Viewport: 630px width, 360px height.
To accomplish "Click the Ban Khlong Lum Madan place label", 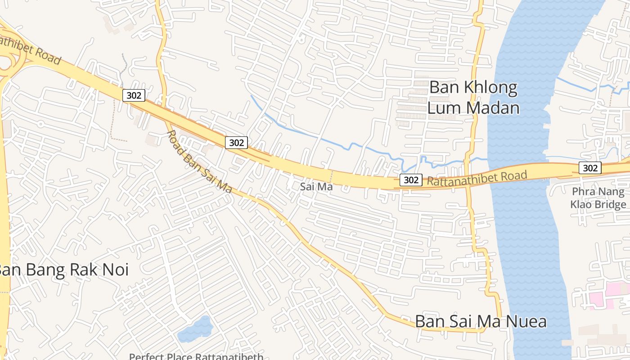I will click(x=473, y=98).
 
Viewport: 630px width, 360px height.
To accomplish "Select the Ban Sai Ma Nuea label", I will click(x=481, y=321).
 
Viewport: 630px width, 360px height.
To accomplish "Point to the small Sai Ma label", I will click(x=316, y=186).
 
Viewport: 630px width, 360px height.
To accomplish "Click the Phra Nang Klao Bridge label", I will click(x=598, y=198).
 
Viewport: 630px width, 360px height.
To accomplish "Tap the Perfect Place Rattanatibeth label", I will click(x=196, y=356).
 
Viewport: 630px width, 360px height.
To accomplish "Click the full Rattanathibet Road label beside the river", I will click(x=477, y=178).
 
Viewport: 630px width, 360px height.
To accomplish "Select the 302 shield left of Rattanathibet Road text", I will click(x=410, y=180).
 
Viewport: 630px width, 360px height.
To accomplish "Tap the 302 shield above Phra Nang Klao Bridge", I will click(x=589, y=168).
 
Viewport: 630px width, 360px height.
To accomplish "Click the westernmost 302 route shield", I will click(x=134, y=95).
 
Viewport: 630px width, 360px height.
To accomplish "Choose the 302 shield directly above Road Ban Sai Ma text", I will click(x=236, y=143).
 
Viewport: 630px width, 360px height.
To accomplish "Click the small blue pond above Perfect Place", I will click(x=195, y=329).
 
